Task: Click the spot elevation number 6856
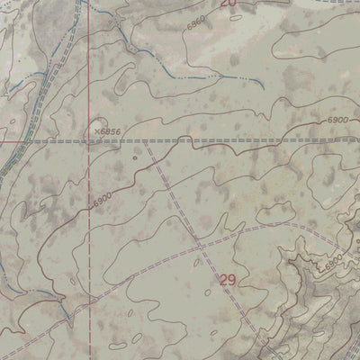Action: click(111, 131)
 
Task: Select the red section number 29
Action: click(228, 281)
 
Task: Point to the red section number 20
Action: click(228, 4)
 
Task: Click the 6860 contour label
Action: click(197, 24)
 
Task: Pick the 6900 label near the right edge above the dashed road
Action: click(337, 120)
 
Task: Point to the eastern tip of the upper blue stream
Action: click(262, 87)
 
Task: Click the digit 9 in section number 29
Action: click(232, 281)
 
